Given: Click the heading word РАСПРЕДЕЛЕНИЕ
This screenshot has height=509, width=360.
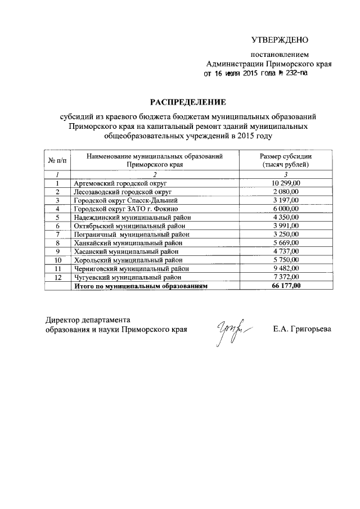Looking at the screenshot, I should (187, 102).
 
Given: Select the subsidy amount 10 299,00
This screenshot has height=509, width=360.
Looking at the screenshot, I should (286, 183).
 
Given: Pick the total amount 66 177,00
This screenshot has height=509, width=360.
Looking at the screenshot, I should (286, 286).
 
